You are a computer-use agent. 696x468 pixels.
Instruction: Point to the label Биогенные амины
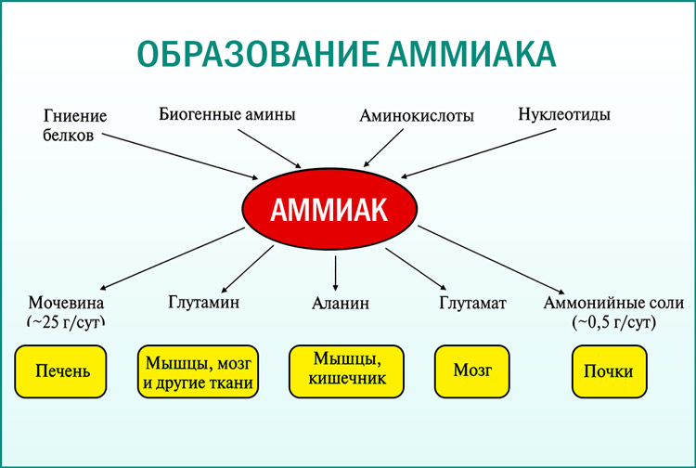(227, 115)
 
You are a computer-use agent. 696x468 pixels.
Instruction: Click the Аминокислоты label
(417, 117)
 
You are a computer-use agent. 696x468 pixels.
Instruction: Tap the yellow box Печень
(63, 372)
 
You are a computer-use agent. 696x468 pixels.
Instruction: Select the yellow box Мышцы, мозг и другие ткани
(197, 372)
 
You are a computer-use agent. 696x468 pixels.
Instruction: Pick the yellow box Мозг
(472, 369)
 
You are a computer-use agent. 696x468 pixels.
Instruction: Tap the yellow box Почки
(608, 371)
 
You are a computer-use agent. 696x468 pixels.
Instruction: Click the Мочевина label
(66, 303)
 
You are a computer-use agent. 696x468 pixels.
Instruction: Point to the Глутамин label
(204, 302)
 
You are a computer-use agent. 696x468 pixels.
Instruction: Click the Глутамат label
(472, 302)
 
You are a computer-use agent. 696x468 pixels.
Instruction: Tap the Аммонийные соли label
(613, 303)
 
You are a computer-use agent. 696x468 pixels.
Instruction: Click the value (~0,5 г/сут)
(613, 322)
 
